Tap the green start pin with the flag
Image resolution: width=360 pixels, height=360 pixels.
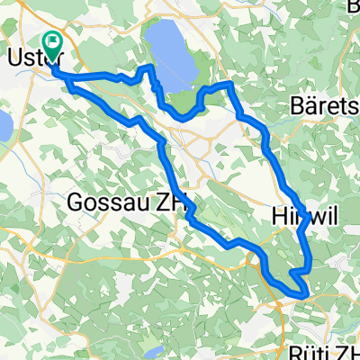pyautogui.click(x=52, y=41)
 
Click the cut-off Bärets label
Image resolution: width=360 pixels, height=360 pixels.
pyautogui.click(x=326, y=106)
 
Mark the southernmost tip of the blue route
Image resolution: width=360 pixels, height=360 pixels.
pyautogui.click(x=304, y=293)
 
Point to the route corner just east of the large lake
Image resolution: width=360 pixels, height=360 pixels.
pyautogui.click(x=231, y=84)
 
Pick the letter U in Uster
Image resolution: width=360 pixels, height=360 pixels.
pyautogui.click(x=13, y=56)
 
